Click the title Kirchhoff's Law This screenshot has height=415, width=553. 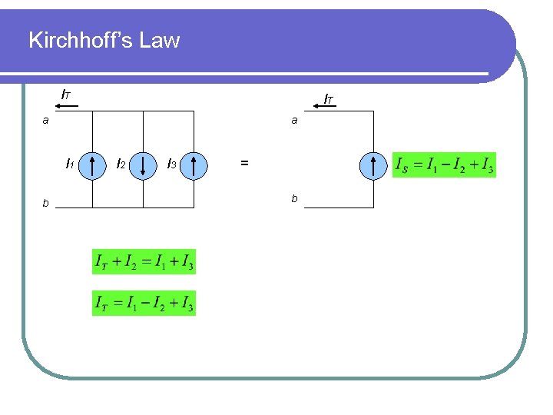click(104, 40)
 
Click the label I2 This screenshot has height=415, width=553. click(121, 164)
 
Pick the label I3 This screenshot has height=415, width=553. click(172, 164)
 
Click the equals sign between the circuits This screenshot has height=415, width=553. click(244, 163)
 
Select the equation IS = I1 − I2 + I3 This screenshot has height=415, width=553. click(444, 165)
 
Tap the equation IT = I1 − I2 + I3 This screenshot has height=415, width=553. click(144, 304)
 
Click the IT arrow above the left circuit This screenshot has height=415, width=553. click(68, 107)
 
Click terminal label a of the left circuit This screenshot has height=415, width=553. click(46, 120)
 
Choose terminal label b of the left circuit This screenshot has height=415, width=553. click(46, 204)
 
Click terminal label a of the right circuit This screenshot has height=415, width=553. click(293, 120)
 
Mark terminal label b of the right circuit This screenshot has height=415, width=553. click(293, 200)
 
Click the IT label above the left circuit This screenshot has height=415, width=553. click(66, 95)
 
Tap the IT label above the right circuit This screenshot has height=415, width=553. click(328, 98)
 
